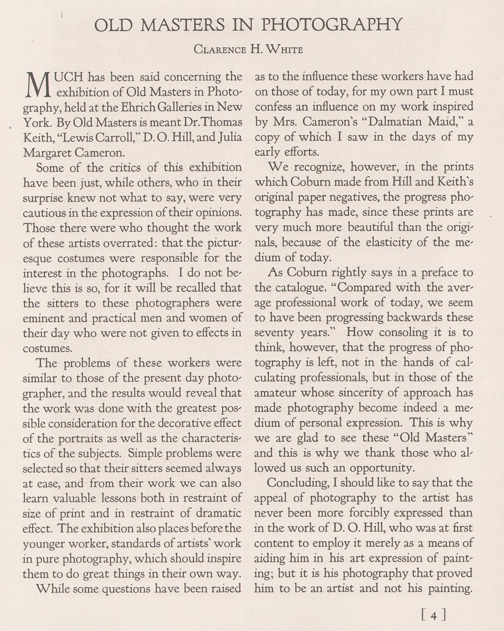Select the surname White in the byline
pos(282,50)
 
